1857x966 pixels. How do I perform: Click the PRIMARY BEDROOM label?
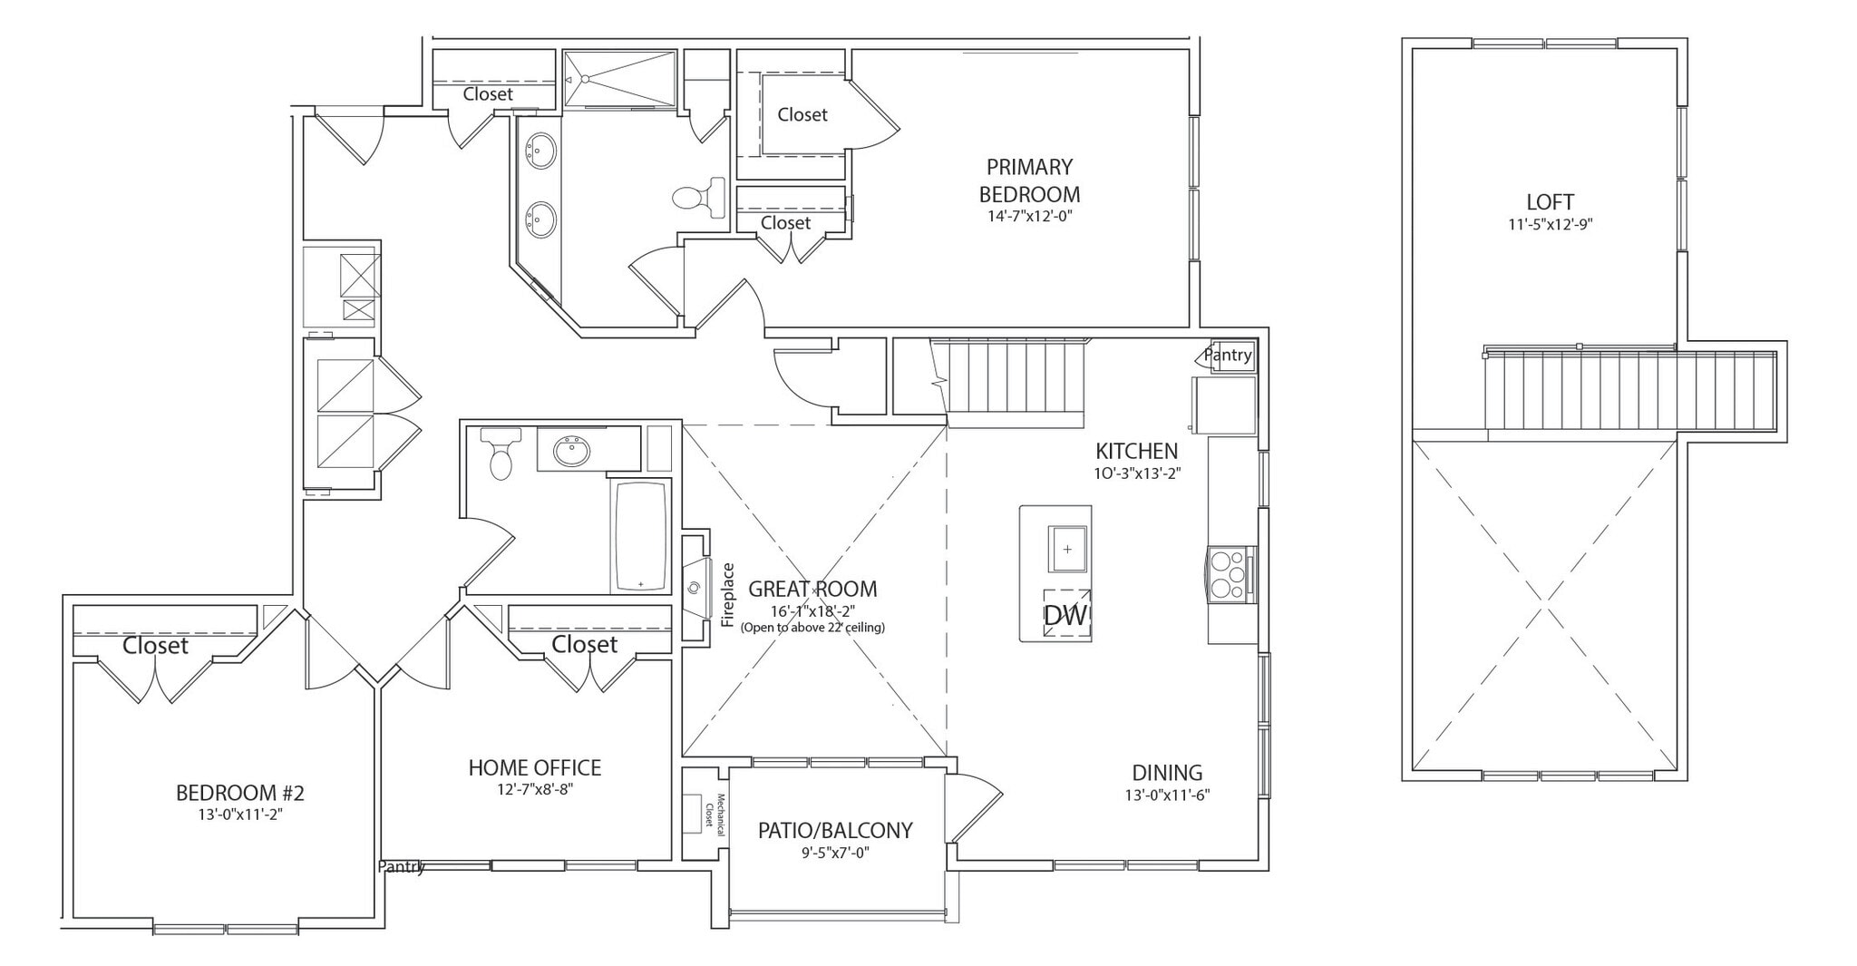[x=1029, y=180]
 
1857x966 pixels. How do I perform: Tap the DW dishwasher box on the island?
[x=1065, y=615]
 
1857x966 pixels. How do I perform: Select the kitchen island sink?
[x=1068, y=549]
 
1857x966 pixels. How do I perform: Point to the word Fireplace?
[x=727, y=595]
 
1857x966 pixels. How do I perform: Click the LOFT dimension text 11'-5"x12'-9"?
[x=1550, y=225]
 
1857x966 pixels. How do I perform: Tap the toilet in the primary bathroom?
[x=701, y=197]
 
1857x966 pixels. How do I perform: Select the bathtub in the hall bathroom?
[x=641, y=535]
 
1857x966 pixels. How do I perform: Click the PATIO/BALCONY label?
[x=835, y=830]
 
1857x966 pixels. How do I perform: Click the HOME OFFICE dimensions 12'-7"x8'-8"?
[x=535, y=789]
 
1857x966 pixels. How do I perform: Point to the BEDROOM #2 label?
[x=240, y=793]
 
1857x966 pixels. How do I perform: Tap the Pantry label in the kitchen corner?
[x=1229, y=356]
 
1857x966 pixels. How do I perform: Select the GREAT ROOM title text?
[x=812, y=589]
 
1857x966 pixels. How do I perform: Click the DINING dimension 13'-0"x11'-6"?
[x=1168, y=795]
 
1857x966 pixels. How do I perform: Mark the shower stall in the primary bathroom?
[x=620, y=79]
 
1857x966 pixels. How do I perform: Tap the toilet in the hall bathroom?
[x=500, y=454]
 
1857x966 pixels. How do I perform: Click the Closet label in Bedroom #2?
[x=156, y=646]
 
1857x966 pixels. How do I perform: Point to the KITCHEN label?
[x=1136, y=451]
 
